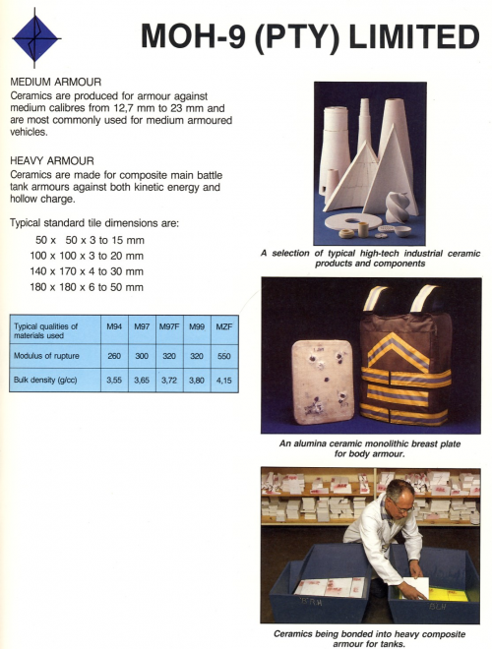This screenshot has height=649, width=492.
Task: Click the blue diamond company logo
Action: (x=35, y=37)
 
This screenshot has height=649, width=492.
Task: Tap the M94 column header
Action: (x=114, y=325)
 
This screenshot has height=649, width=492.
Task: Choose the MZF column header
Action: (x=223, y=325)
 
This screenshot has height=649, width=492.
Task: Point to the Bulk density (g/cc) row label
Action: (x=48, y=379)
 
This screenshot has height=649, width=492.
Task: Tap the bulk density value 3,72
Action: (x=169, y=379)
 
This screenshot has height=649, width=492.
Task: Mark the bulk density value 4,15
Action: (x=223, y=379)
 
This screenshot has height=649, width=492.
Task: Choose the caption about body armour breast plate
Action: (x=369, y=448)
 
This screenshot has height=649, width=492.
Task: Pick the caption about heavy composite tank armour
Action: (x=369, y=637)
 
